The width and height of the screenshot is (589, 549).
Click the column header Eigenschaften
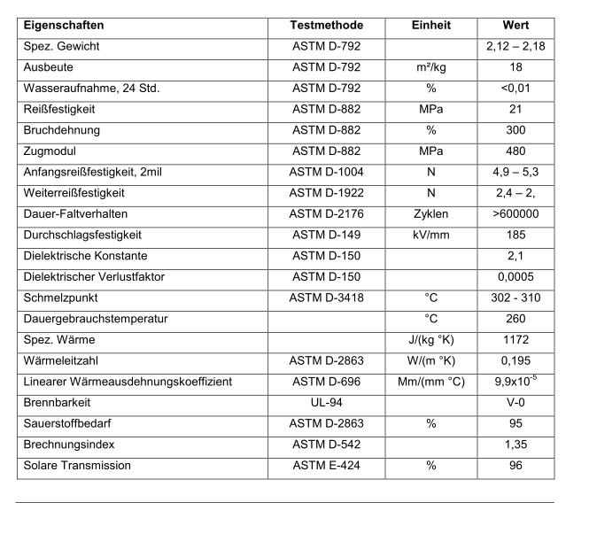[x=64, y=26]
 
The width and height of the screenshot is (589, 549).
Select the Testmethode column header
[x=327, y=26]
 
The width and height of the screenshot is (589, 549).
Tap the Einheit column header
[x=431, y=26]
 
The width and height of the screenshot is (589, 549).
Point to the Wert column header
[x=515, y=26]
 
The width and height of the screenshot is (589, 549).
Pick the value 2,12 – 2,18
[x=515, y=46]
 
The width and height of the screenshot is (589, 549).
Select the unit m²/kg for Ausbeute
[x=431, y=67]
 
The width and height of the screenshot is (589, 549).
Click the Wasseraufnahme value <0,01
[x=515, y=88]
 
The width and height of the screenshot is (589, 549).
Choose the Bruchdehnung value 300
[x=515, y=130]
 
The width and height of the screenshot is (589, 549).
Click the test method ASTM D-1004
[x=327, y=172]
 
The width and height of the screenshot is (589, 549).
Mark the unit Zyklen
[x=431, y=214]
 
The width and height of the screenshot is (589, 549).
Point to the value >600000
[x=515, y=214]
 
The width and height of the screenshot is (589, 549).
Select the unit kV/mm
[x=431, y=235]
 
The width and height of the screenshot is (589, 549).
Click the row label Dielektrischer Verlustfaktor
[x=94, y=277]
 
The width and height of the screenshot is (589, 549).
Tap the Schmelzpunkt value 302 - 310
[x=515, y=298]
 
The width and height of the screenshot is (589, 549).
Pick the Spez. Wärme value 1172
[x=515, y=340]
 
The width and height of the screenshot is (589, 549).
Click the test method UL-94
[x=327, y=403]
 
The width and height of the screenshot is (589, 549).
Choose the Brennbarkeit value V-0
[x=515, y=403]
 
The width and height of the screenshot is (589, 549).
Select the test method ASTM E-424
[x=327, y=466]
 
